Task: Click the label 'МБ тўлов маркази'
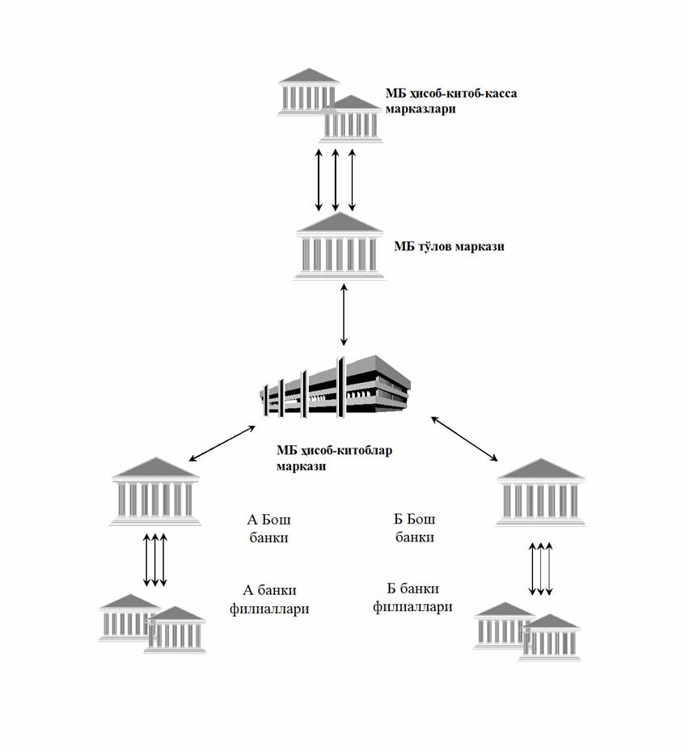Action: (x=449, y=246)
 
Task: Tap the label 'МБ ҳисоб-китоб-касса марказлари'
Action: (x=450, y=100)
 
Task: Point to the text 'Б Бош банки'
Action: (x=413, y=528)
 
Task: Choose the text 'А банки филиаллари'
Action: (x=276, y=599)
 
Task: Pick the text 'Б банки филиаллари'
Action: (x=412, y=597)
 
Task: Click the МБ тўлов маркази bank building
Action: (x=340, y=246)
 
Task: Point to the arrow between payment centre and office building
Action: (x=345, y=315)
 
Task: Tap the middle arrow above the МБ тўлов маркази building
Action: (x=336, y=179)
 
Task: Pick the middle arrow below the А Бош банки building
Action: (x=154, y=559)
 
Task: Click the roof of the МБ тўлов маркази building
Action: (x=340, y=223)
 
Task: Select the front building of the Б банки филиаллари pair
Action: (x=551, y=639)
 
